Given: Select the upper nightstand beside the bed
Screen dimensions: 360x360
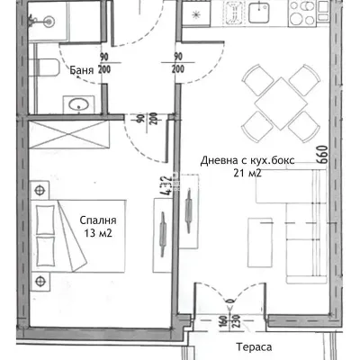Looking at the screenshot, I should click(40, 190).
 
